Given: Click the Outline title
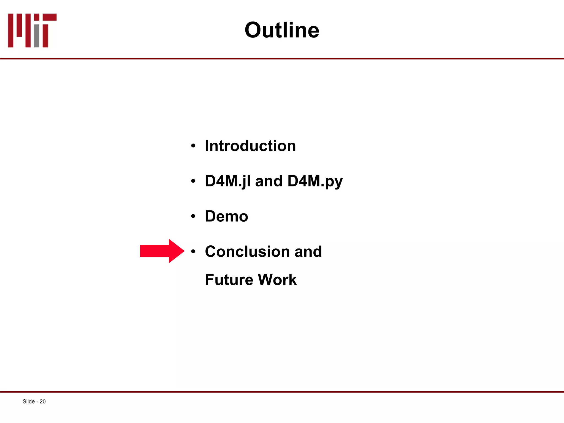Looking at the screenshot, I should coord(282,30).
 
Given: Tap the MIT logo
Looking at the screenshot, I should coord(32,30).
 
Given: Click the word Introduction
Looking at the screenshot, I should coord(250,146).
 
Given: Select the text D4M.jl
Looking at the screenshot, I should coord(228,181).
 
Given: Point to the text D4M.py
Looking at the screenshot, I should coord(315,181).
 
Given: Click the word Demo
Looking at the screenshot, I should coord(226,216).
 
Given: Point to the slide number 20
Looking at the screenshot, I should coord(42,402).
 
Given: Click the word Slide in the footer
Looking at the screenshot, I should coord(29,402).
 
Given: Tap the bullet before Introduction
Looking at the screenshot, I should coord(193,146).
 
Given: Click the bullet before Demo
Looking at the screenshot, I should coord(193,216).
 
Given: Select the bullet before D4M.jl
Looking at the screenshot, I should coord(193,181).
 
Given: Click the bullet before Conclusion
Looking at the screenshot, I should coord(193,251).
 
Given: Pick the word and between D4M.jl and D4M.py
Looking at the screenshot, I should coord(269,181).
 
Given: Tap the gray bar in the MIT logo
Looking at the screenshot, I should coord(37,36).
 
